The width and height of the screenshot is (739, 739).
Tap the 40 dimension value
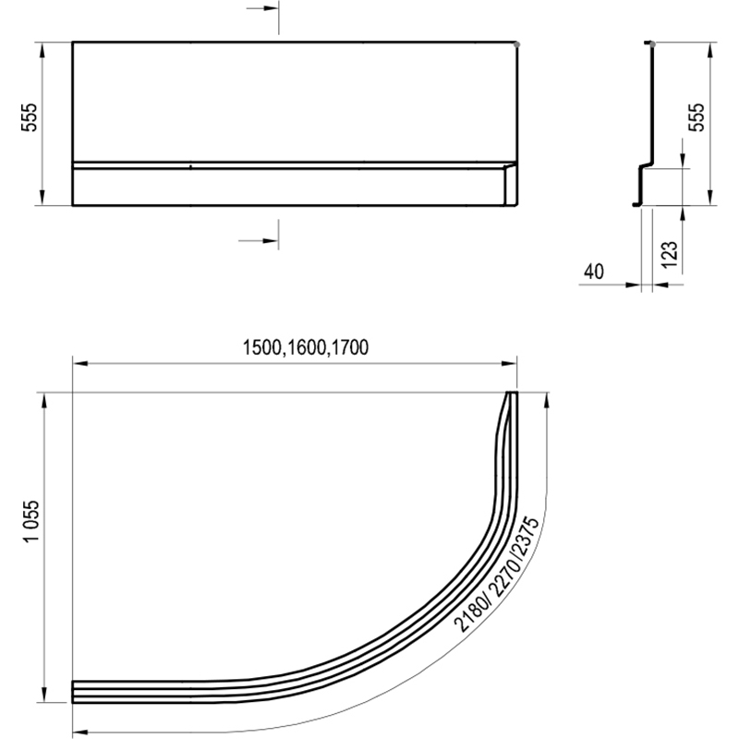tap(594, 272)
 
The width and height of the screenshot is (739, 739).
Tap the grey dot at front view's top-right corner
tap(515, 42)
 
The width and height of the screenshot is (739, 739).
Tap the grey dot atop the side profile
tap(652, 42)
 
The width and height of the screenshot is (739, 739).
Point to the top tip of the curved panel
tap(511, 395)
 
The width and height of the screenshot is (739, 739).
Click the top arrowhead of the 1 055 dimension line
tap(43, 397)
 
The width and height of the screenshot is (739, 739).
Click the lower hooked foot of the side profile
tap(636, 202)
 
